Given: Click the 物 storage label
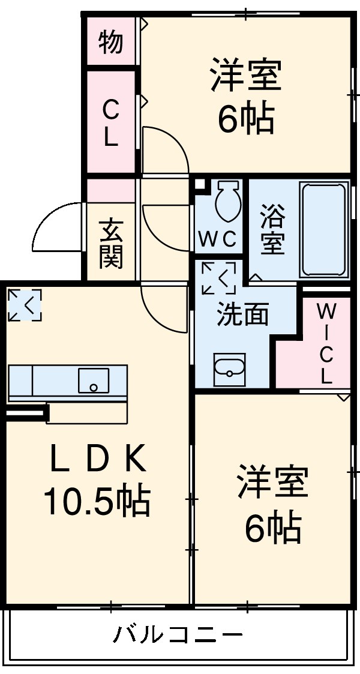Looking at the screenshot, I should coord(111,42).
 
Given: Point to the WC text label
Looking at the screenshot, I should coord(218,239).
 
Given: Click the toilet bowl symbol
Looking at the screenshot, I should coord(227,201).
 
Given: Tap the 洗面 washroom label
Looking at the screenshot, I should coord(242,313).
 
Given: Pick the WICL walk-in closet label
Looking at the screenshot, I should coord(326,343).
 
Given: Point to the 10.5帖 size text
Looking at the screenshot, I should coord(96,501).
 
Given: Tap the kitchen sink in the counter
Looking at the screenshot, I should coord(93,380).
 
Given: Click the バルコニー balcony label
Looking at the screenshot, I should coord(179,634).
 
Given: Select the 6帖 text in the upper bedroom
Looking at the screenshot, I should coord(246,118).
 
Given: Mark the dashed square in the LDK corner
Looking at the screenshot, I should coord(25,304).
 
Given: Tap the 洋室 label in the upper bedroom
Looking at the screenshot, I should coord(246,75).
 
